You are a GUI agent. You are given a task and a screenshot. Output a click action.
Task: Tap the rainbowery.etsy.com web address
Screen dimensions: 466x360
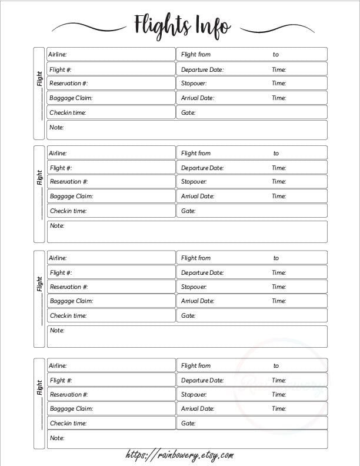tap(179, 455)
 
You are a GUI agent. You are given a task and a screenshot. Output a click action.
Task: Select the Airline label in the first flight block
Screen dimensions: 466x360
tap(58, 55)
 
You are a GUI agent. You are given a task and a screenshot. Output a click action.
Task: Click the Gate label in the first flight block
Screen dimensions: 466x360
tap(188, 112)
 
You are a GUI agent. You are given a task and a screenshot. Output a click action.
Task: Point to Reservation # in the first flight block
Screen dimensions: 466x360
tap(69, 84)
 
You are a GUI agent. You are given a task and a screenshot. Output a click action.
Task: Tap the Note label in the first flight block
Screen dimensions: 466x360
tap(56, 127)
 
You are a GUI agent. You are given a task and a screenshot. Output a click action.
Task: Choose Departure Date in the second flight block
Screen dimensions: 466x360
tap(202, 168)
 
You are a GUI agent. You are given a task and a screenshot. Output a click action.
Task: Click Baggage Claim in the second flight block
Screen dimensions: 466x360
tap(71, 197)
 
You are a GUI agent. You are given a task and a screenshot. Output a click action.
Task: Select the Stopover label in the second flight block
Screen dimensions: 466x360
tap(194, 182)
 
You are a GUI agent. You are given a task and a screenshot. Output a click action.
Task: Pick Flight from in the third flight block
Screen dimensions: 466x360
tap(196, 258)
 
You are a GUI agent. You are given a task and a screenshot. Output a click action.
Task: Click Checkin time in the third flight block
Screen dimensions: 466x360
tap(68, 315)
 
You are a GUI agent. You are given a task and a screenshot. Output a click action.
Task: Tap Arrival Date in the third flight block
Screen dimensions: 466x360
tap(198, 301)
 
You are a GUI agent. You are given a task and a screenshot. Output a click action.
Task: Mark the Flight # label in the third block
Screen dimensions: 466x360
tap(61, 272)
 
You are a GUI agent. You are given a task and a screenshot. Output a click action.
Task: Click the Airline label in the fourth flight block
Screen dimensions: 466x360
tap(58, 365)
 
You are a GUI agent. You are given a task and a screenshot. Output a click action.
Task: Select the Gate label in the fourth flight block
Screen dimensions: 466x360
tap(188, 423)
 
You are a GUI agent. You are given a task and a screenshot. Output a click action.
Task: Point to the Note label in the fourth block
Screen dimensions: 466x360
tap(56, 438)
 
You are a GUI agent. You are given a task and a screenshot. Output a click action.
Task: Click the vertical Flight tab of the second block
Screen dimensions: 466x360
tap(39, 178)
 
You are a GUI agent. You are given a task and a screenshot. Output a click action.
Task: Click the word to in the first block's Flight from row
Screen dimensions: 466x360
tap(276, 55)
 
